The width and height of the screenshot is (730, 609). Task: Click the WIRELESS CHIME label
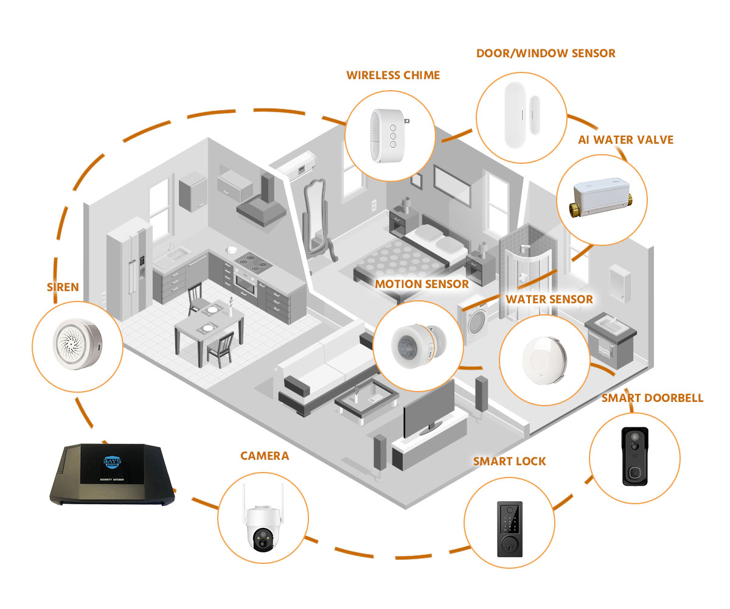(393, 76)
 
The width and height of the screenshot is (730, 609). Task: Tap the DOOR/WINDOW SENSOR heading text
(546, 54)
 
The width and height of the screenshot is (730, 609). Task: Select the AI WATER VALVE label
(625, 140)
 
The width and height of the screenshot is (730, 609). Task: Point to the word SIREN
(63, 287)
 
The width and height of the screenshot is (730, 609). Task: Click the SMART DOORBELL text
(652, 398)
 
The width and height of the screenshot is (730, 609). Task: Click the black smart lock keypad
(509, 527)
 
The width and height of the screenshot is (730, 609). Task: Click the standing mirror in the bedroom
(317, 219)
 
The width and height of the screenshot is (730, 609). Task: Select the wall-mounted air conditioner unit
(301, 164)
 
